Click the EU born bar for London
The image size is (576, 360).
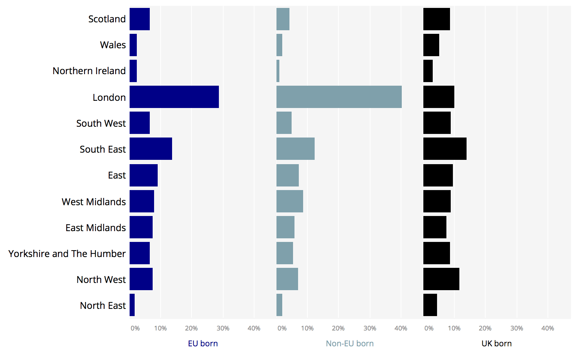[x=174, y=97]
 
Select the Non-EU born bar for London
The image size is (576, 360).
[x=339, y=97]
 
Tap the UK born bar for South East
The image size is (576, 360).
[x=445, y=149]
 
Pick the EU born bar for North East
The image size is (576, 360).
[x=132, y=305]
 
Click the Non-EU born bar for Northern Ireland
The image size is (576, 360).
[x=278, y=71]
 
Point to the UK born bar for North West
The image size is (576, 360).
[x=441, y=279]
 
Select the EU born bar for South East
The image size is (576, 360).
[x=151, y=149]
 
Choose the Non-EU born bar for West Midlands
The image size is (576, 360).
[x=289, y=201]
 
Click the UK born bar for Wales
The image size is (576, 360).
[x=431, y=45]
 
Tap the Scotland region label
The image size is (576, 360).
[x=107, y=19]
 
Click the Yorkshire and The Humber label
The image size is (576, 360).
[x=67, y=254]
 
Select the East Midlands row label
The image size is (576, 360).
[x=95, y=228]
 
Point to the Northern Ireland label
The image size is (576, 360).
[x=89, y=71]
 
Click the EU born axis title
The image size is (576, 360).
[x=203, y=343]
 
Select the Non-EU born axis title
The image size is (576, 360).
[x=350, y=343]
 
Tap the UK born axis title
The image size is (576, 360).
[x=496, y=343]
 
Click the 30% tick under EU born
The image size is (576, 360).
[x=223, y=328]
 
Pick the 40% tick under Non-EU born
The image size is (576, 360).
[x=401, y=328]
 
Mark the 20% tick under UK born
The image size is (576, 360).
[x=485, y=328]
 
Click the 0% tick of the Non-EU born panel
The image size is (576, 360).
[x=282, y=328]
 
